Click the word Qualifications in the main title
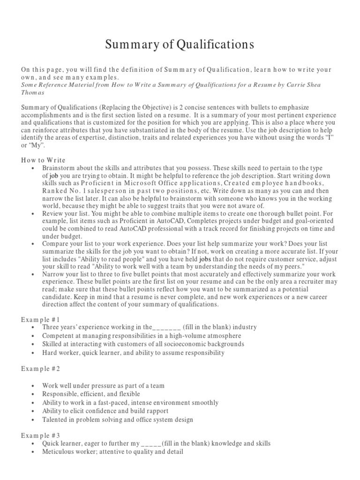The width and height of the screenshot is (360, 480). (215, 45)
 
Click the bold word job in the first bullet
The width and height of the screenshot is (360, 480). (53, 175)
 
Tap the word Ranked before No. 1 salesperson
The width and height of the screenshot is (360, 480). (55, 190)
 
